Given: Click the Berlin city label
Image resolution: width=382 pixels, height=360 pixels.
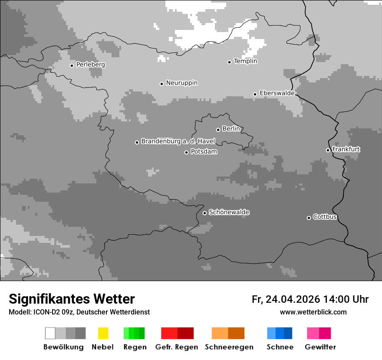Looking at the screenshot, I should pyautogui.click(x=231, y=129).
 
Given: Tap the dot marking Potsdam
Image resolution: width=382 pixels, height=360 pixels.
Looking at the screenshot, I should pyautogui.click(x=186, y=152).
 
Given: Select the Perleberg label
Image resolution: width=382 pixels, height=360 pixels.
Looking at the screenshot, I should pyautogui.click(x=90, y=65).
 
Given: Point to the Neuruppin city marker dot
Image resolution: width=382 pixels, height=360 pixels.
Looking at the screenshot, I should pyautogui.click(x=161, y=84).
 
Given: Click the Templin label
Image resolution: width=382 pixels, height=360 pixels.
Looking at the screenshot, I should pyautogui.click(x=245, y=61).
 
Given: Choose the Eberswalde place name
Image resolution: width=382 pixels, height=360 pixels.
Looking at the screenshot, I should pyautogui.click(x=277, y=93).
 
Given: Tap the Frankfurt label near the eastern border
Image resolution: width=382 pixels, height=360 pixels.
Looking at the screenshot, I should pyautogui.click(x=346, y=149).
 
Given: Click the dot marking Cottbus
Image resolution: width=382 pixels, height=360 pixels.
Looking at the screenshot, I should pyautogui.click(x=309, y=218).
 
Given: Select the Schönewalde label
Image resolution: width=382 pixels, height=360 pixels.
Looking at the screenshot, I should pyautogui.click(x=229, y=212).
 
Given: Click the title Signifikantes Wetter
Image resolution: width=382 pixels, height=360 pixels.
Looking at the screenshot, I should pyautogui.click(x=72, y=299).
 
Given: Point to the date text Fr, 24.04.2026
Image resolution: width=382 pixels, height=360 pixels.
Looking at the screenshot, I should pyautogui.click(x=286, y=299).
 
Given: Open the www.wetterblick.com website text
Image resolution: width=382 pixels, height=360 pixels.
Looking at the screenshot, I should pyautogui.click(x=313, y=312).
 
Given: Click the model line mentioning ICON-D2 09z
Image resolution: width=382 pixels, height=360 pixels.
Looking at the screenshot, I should pyautogui.click(x=79, y=312).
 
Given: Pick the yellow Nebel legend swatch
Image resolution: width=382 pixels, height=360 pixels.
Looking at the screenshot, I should pyautogui.click(x=103, y=333).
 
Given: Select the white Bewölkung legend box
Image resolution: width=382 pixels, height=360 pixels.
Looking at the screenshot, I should pyautogui.click(x=50, y=333).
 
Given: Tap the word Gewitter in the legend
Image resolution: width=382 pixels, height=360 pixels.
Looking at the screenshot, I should pyautogui.click(x=320, y=347).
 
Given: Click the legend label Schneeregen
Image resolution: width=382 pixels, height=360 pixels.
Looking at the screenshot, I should pyautogui.click(x=229, y=347).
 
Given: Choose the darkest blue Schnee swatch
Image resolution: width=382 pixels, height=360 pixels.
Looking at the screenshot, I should pyautogui.click(x=288, y=333).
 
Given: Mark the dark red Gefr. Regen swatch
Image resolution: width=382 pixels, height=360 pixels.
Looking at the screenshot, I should pyautogui.click(x=185, y=333).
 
